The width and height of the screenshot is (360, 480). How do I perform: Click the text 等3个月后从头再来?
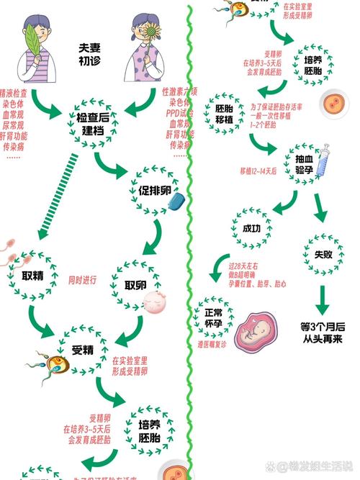coord(323,332)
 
